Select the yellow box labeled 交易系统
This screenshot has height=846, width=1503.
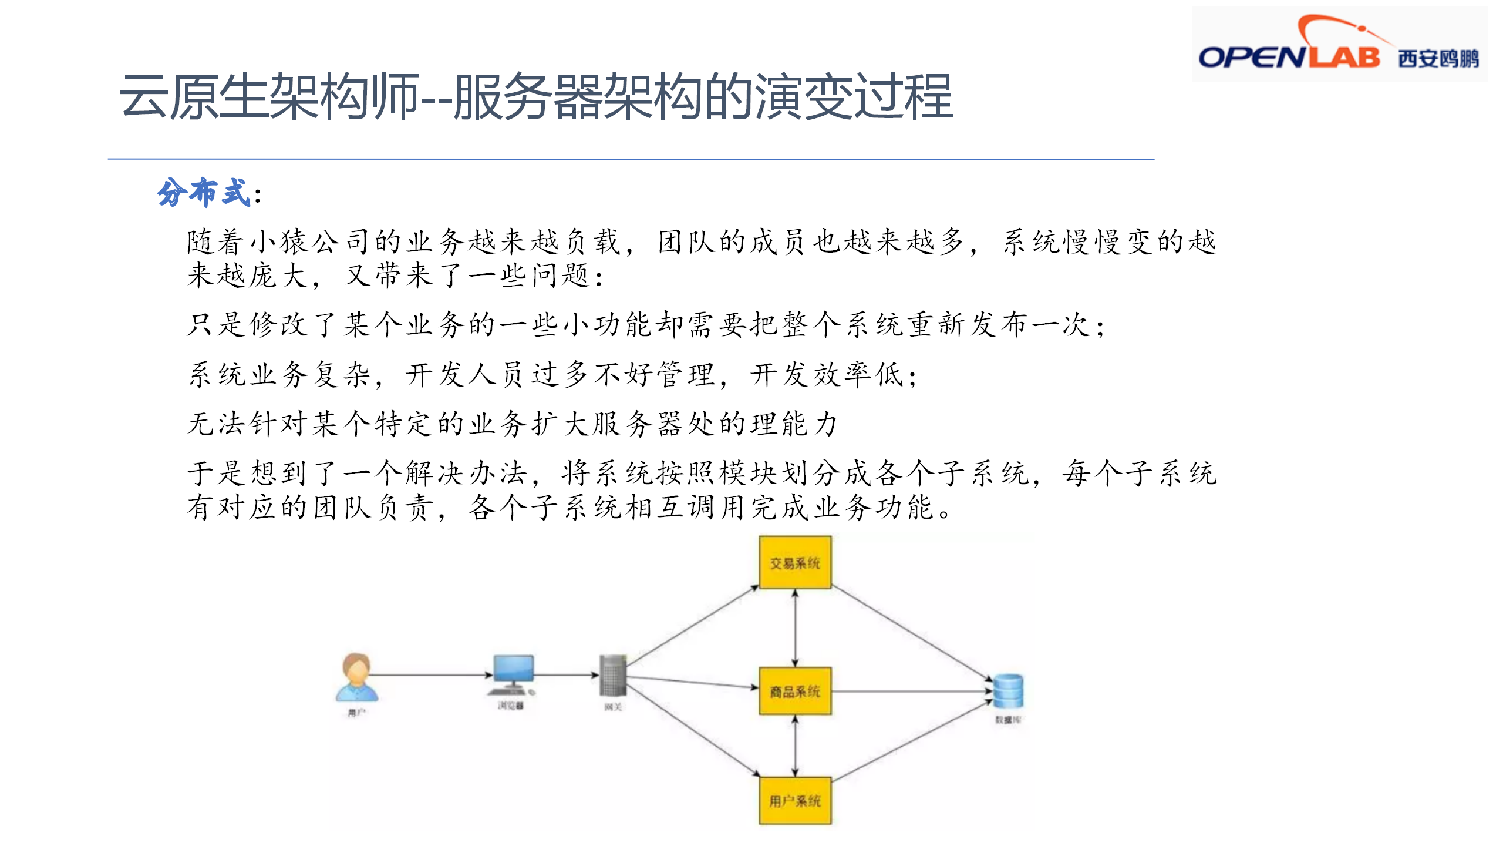(795, 562)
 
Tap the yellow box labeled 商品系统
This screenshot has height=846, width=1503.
(795, 691)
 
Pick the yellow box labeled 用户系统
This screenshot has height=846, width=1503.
(795, 800)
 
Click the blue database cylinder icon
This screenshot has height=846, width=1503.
(1008, 691)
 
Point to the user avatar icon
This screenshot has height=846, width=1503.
(357, 677)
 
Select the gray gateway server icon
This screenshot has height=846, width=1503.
(613, 676)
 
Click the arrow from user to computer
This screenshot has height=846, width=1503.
(432, 675)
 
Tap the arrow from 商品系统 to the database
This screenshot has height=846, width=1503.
(910, 691)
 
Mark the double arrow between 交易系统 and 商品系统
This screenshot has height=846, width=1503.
(795, 627)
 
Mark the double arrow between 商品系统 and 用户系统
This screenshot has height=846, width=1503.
(795, 746)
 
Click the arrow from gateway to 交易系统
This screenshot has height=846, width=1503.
(693, 625)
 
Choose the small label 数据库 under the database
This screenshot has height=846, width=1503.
(1008, 720)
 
